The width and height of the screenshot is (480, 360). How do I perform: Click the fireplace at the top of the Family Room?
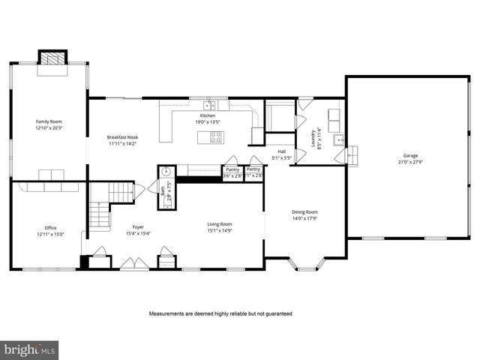pyautogui.click(x=52, y=58)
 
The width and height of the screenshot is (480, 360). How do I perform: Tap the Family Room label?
pyautogui.click(x=49, y=121)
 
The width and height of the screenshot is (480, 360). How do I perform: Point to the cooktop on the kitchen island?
pyautogui.click(x=216, y=137)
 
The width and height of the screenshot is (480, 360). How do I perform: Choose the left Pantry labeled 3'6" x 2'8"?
pyautogui.click(x=232, y=173)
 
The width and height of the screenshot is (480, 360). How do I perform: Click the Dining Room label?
pyautogui.click(x=304, y=211)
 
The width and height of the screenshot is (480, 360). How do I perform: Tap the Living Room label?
pyautogui.click(x=220, y=223)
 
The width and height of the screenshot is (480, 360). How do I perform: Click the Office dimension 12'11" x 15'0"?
pyautogui.click(x=50, y=233)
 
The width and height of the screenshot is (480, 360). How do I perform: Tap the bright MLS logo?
pyautogui.click(x=30, y=349)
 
